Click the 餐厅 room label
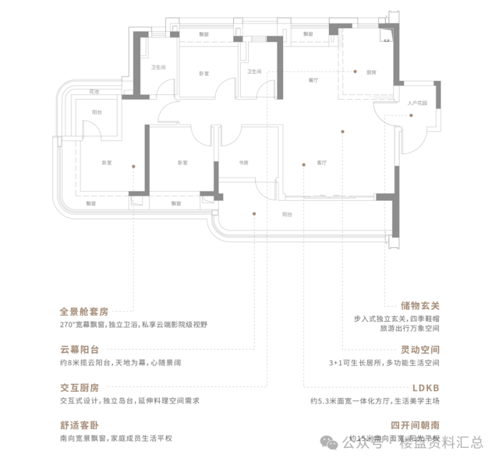[x=312, y=79]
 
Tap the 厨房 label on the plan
[x=370, y=71]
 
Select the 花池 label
[x=93, y=91]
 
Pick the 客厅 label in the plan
[x=321, y=163]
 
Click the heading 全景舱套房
[x=84, y=312]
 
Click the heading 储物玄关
[x=420, y=304]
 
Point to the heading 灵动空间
[x=420, y=350]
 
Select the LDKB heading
[x=425, y=389]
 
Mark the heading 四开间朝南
[x=415, y=426]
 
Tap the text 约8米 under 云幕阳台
[x=69, y=363]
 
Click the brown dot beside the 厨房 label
[x=355, y=71]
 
